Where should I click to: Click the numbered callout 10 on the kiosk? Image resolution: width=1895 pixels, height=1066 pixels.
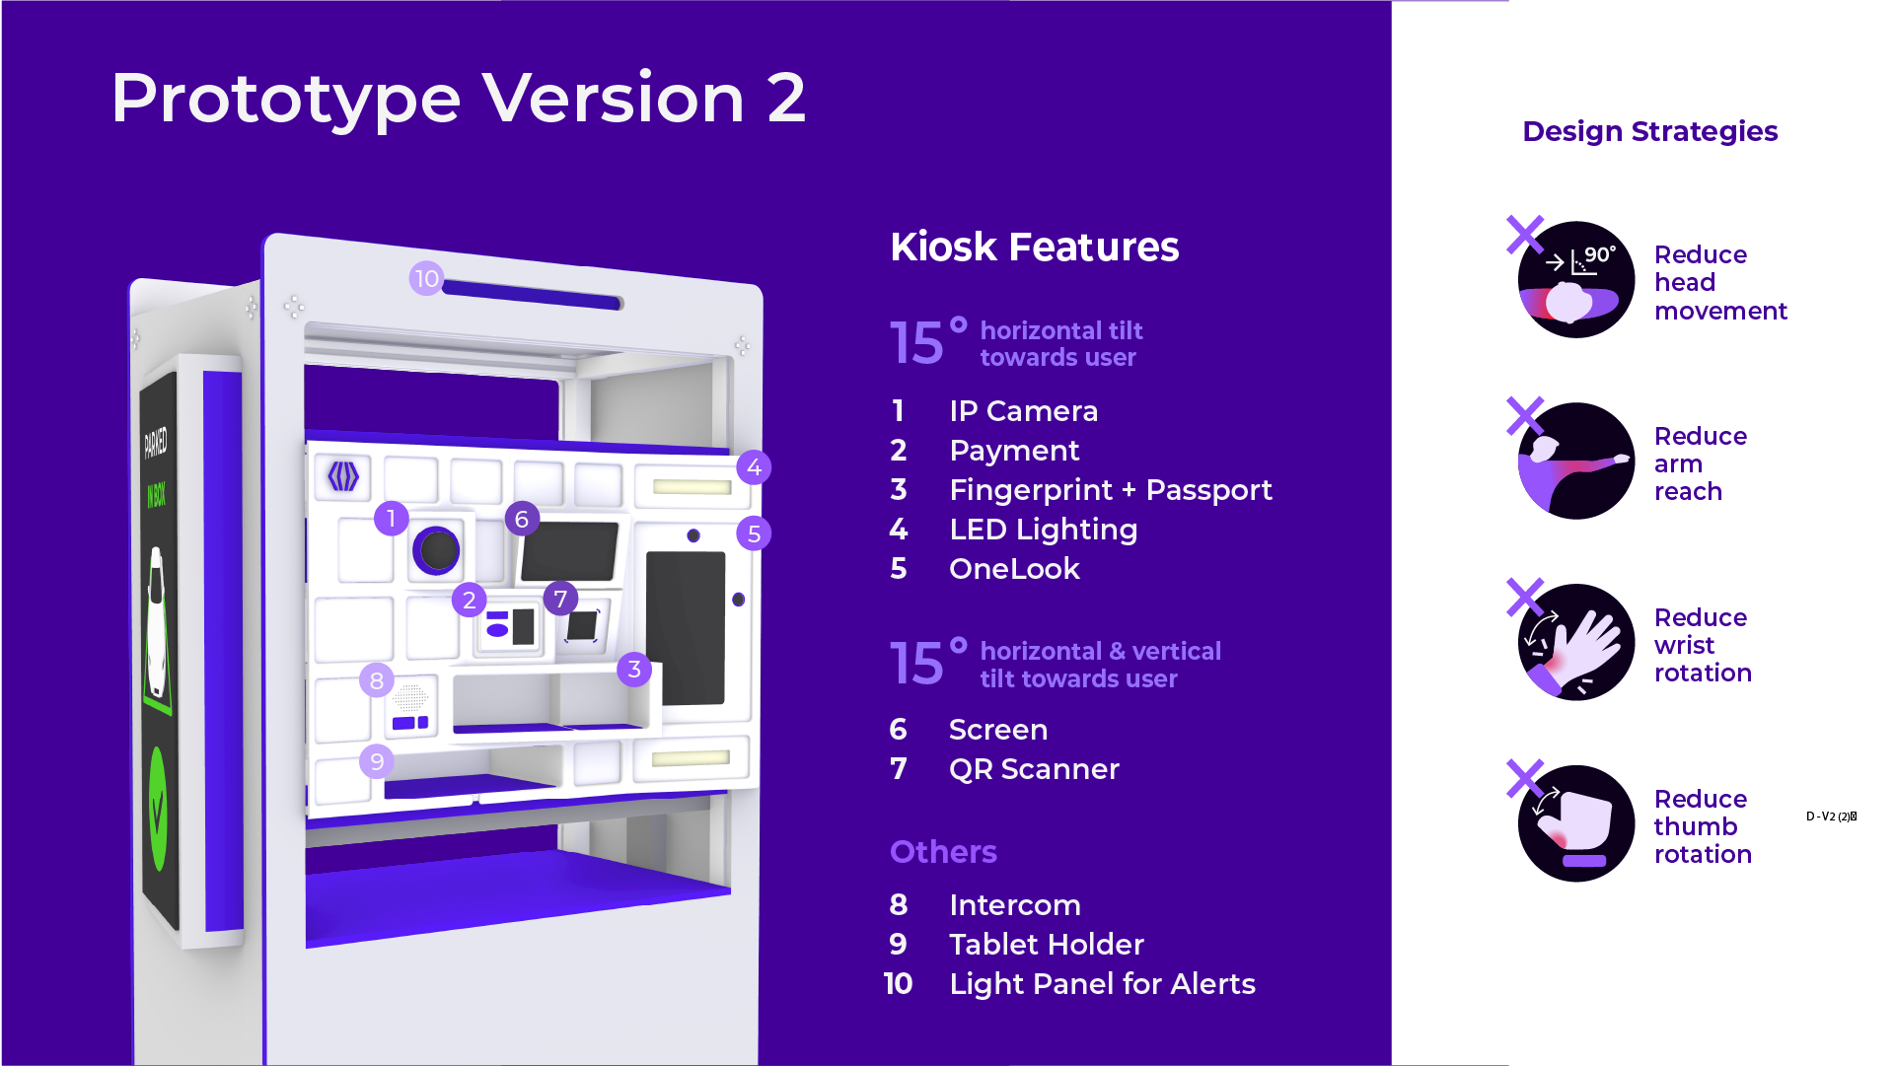pos(426,279)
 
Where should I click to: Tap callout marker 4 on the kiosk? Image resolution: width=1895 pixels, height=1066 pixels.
pos(754,467)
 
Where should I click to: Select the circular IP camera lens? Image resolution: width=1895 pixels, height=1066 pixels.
pos(436,550)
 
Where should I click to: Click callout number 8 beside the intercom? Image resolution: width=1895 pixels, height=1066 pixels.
pos(377,680)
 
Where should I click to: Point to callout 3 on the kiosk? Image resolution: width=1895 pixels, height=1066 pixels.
pos(634,670)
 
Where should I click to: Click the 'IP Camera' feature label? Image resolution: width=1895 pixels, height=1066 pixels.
pos(1023,411)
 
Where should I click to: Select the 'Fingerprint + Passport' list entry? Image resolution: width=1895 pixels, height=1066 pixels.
pos(1111,490)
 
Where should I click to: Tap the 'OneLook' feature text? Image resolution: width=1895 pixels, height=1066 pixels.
pos(1014,569)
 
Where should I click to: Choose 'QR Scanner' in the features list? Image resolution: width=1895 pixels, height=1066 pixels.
pos(1034,769)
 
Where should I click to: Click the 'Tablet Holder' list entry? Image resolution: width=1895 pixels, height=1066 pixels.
pos(1047,945)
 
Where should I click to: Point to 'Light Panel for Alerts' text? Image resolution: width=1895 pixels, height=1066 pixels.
pos(1102,984)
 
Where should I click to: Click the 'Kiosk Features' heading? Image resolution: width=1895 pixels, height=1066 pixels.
pos(1035,247)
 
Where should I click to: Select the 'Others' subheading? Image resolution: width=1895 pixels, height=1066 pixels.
pos(943,852)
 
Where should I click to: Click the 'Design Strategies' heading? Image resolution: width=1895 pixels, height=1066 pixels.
pos(1650,131)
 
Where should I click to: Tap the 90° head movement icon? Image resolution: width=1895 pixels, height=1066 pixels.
pos(1576,280)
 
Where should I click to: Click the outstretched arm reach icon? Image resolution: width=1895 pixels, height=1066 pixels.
pos(1576,461)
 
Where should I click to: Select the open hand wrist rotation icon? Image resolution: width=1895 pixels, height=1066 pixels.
pos(1576,642)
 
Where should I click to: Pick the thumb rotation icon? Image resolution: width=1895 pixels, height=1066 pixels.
pos(1576,823)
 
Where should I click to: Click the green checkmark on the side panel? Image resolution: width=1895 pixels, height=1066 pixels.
pos(157,810)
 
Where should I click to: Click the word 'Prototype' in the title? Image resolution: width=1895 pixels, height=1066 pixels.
pos(286,100)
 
